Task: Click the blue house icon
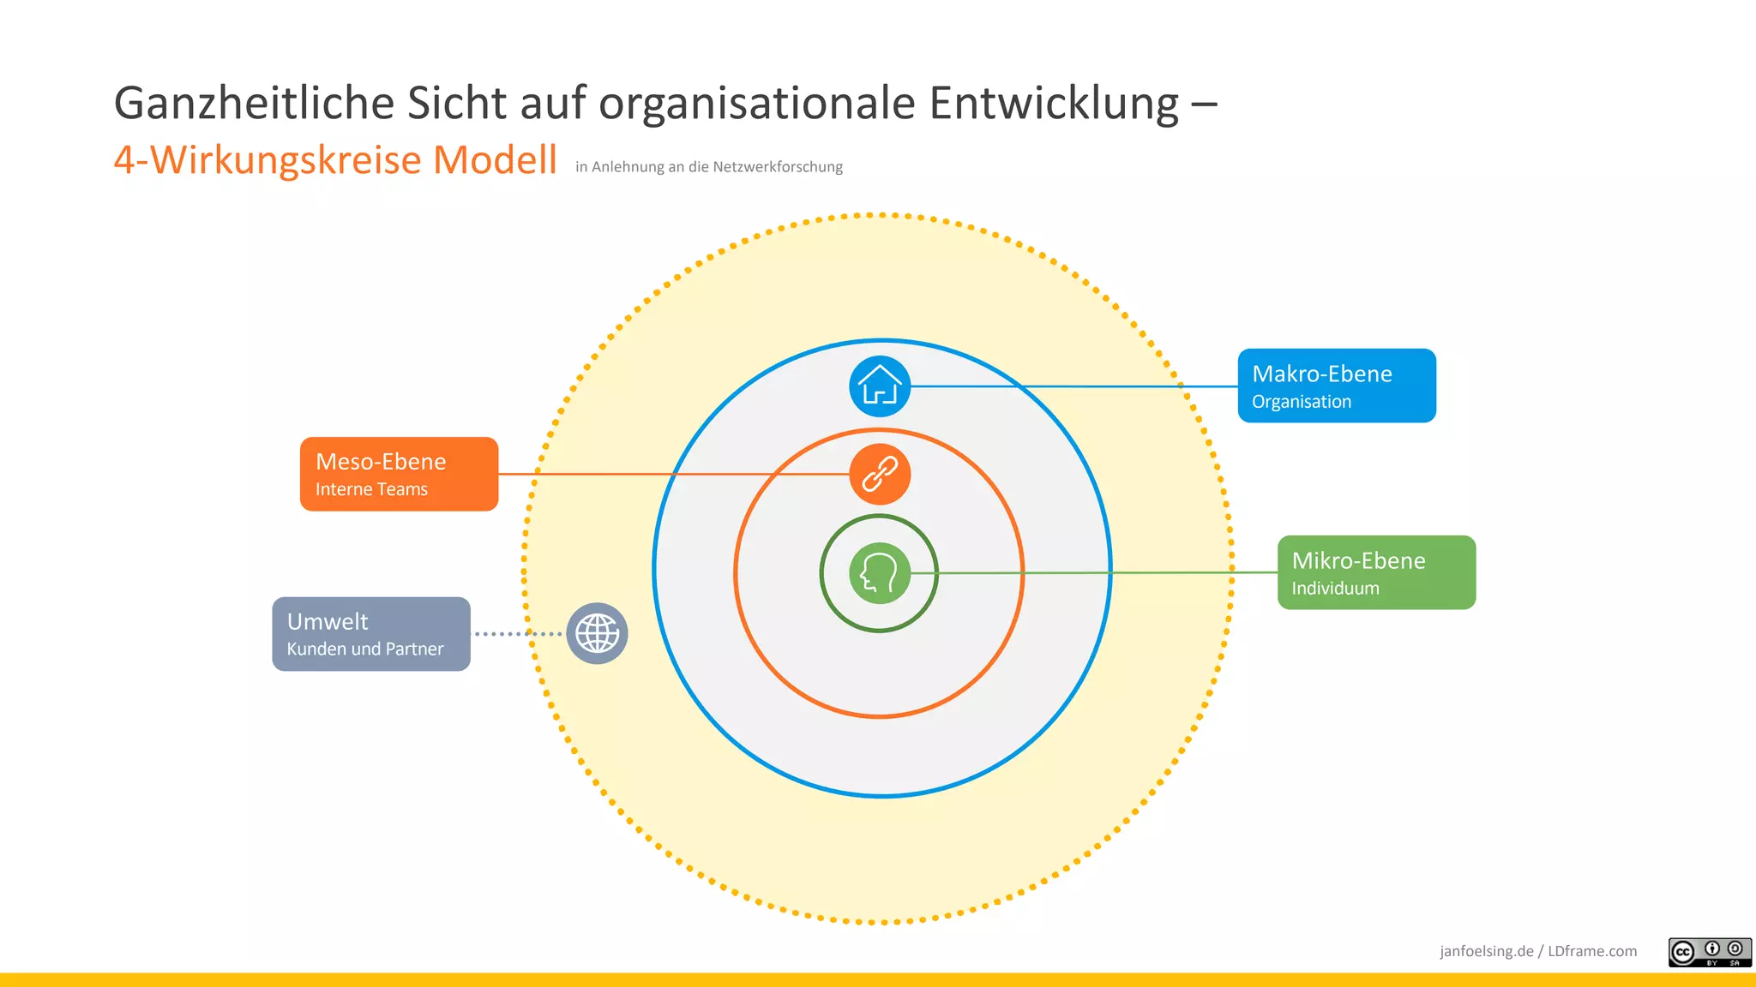[x=880, y=386]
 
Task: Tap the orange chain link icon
[x=880, y=475]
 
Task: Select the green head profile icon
[x=880, y=573]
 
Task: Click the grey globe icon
[x=598, y=634]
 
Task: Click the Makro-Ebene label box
[x=1337, y=386]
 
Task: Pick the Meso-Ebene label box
[x=399, y=474]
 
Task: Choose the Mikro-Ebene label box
[x=1376, y=572]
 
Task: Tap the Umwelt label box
[x=371, y=634]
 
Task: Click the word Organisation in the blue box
[x=1302, y=402]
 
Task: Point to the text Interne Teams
[x=371, y=489]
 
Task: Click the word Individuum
[x=1335, y=589]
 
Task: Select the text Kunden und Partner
[x=365, y=649]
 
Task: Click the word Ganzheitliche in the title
[x=254, y=104]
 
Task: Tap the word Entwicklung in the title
[x=1054, y=104]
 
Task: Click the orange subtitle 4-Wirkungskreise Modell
[x=335, y=160]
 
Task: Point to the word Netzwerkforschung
[x=778, y=167]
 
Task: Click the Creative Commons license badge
[x=1709, y=952]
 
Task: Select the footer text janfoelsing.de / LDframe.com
[x=1538, y=951]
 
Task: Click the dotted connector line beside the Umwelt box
[x=518, y=634]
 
